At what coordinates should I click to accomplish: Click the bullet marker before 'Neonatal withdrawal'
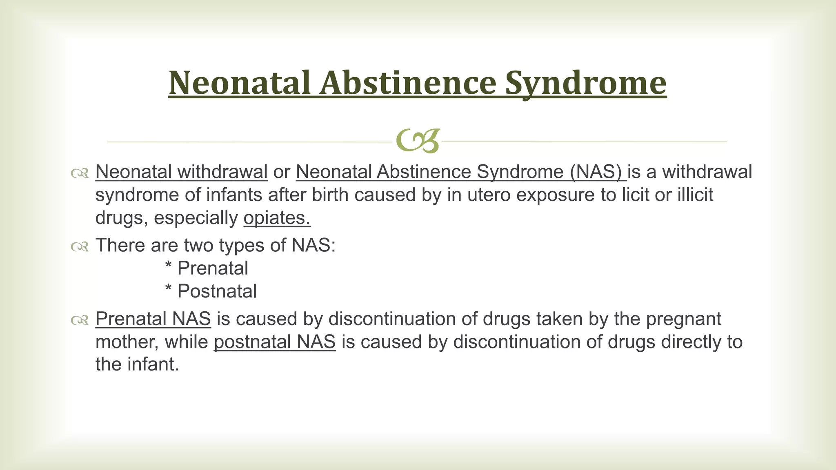click(80, 173)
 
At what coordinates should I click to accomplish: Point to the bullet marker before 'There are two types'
click(80, 246)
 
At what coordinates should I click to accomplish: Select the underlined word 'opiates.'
click(277, 218)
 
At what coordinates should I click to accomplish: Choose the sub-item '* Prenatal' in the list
click(207, 268)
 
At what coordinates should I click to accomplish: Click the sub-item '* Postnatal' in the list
click(211, 291)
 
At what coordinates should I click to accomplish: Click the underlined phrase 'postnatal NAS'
click(274, 342)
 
